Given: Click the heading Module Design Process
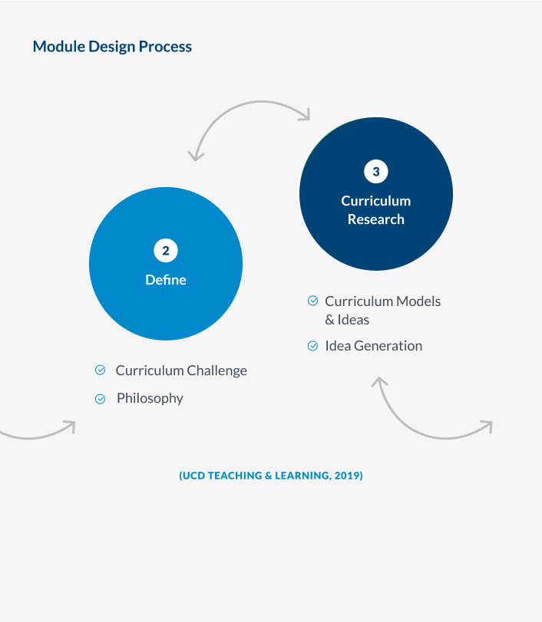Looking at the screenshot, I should point(112,47).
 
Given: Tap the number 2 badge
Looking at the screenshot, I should point(166,250).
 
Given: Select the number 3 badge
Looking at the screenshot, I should point(376,172).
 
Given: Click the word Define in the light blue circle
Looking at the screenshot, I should point(166,280).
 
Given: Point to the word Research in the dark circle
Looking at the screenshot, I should point(375,219).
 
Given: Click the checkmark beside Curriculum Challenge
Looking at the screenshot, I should point(100,370).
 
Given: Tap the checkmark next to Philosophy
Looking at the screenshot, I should point(100,399).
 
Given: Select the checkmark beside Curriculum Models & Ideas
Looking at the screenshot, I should point(312,301).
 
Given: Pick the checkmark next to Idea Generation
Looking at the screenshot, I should point(312,346).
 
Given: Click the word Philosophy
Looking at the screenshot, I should point(150,398).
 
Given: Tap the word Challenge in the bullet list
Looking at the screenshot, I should point(216,370).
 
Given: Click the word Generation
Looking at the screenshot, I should point(388,346).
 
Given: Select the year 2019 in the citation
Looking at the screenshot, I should point(347,476).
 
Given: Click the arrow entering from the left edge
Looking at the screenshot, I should point(38,433).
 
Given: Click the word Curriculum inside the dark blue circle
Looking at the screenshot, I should point(375,201).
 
